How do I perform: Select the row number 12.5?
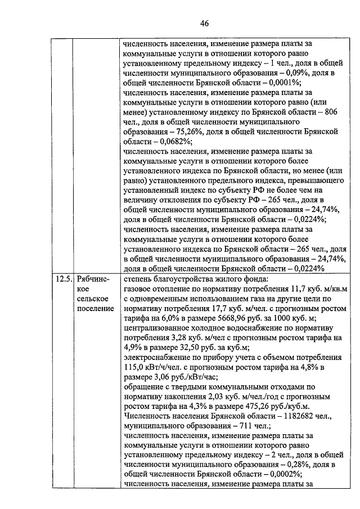64,278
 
